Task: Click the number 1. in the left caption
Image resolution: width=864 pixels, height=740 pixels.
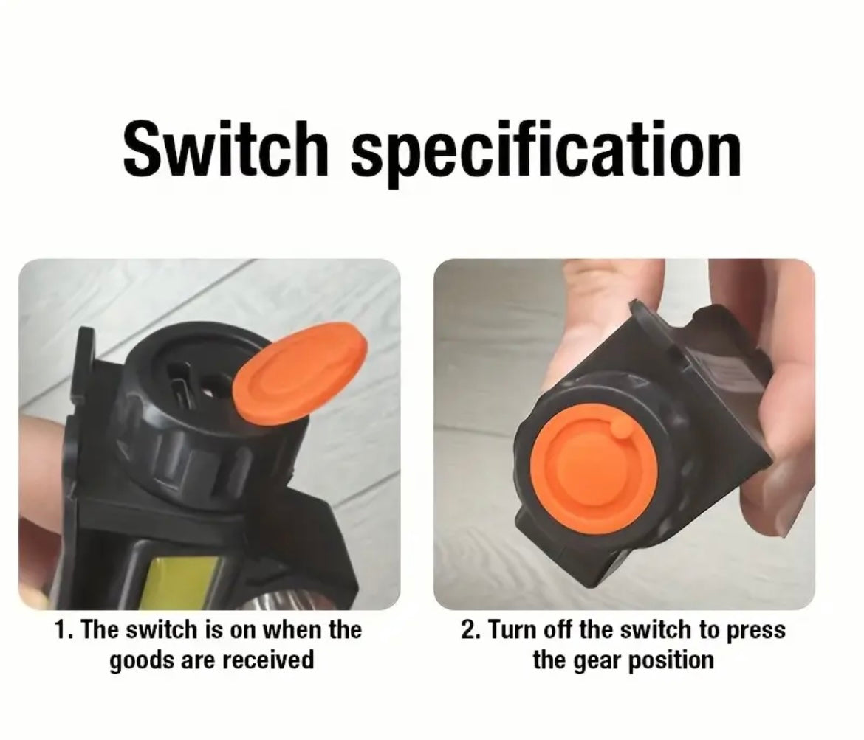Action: click(64, 630)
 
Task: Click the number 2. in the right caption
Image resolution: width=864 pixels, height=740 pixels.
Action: click(471, 630)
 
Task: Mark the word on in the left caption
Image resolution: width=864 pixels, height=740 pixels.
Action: click(242, 632)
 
